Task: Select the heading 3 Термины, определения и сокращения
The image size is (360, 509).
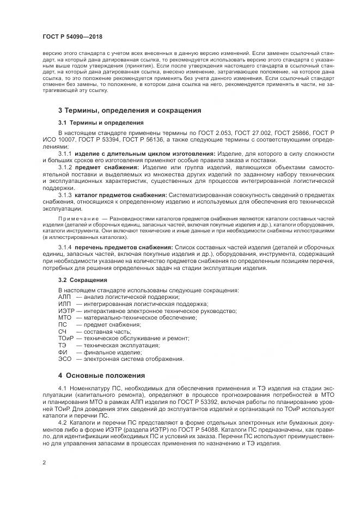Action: (130, 110)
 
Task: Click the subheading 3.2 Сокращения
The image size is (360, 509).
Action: (83, 279)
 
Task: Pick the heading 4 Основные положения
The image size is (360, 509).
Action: (101, 376)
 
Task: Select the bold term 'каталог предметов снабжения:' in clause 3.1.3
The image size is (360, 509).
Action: (121, 195)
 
